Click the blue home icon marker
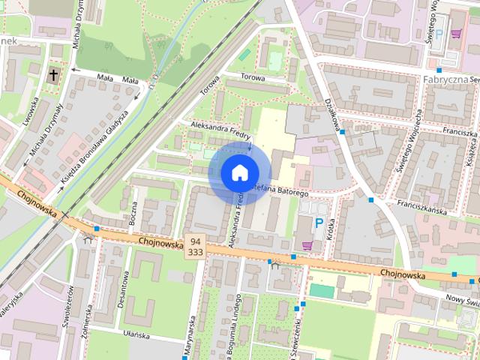click(238, 172)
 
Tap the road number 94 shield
click(195, 241)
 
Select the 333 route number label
click(195, 253)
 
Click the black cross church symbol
click(54, 75)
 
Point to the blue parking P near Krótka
click(319, 223)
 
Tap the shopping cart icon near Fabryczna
click(456, 33)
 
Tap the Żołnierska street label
click(88, 318)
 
